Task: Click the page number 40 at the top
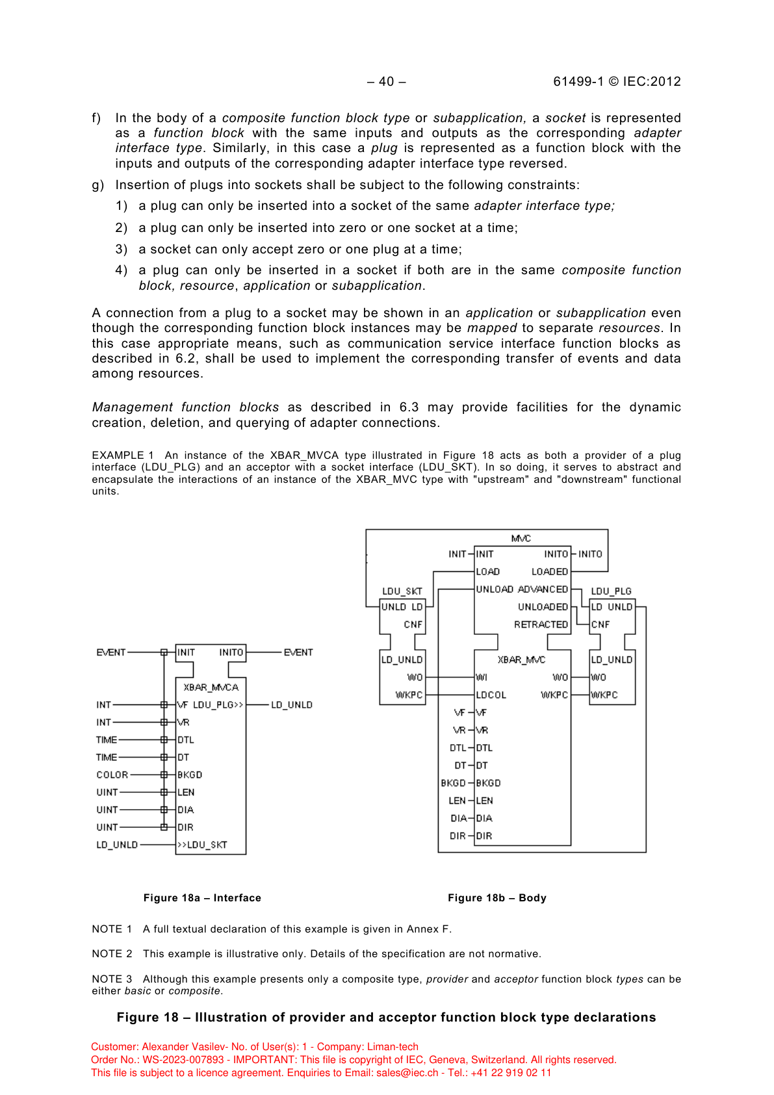[x=387, y=81]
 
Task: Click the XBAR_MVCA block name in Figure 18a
[x=211, y=687]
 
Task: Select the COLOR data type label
[x=112, y=775]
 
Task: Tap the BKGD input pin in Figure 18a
[x=190, y=775]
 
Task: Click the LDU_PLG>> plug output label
[x=218, y=704]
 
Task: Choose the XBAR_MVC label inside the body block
[x=521, y=660]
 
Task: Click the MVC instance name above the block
[x=521, y=538]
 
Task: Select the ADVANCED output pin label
[x=543, y=589]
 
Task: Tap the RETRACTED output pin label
[x=541, y=625]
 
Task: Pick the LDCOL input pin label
[x=491, y=695]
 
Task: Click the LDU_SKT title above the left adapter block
[x=402, y=591]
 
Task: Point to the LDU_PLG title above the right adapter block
[x=611, y=591]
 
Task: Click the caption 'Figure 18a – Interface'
[x=202, y=897]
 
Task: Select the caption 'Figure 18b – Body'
[x=497, y=897]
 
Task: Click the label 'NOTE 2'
[x=112, y=953]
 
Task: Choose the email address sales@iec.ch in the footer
[x=407, y=1073]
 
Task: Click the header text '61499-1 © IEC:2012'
[x=617, y=81]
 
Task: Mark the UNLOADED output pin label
[x=543, y=607]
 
